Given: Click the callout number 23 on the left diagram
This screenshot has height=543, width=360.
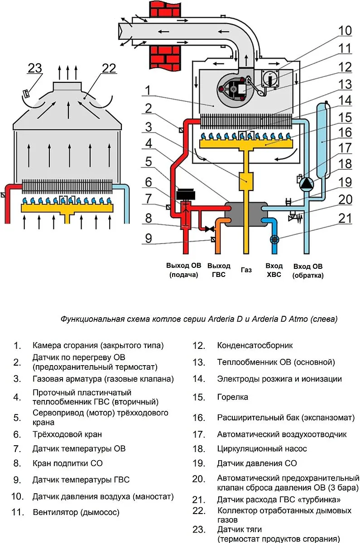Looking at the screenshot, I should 35,69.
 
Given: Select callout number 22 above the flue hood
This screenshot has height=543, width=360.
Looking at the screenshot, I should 109,69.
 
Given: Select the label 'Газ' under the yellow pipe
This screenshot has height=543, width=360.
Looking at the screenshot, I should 246,270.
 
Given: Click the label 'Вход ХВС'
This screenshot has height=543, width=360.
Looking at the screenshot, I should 274,270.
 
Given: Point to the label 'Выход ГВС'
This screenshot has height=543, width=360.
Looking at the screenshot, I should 219,270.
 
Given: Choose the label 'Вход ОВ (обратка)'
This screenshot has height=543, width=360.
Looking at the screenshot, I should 308,270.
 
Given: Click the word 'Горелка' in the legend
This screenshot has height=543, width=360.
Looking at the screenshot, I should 233,397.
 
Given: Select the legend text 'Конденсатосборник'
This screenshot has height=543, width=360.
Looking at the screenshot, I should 255,346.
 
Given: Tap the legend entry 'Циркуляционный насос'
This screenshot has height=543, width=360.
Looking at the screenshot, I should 262,449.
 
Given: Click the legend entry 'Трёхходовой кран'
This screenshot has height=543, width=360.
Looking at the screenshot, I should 67,434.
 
